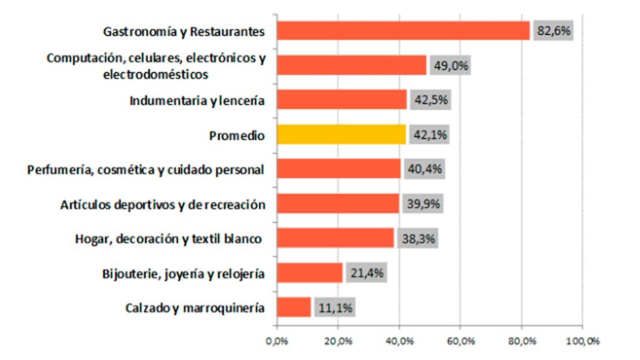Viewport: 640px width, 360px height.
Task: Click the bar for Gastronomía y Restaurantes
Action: click(402, 31)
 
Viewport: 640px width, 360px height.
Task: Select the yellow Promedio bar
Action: click(341, 134)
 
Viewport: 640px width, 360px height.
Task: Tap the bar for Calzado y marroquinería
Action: click(293, 307)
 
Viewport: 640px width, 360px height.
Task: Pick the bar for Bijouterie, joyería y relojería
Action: click(309, 272)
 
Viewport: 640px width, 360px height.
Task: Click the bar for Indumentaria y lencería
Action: click(341, 100)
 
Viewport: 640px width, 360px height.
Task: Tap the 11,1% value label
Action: click(335, 307)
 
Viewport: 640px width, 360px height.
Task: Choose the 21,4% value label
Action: click(367, 272)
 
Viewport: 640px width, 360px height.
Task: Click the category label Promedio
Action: click(237, 135)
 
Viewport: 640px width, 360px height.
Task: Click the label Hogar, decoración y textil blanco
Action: click(167, 239)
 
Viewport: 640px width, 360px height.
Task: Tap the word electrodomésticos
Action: click(156, 74)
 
